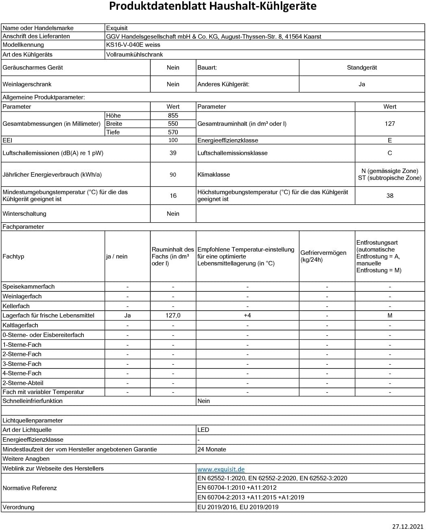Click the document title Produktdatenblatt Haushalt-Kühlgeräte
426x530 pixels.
(213, 7)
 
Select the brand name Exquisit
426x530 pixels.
(117, 28)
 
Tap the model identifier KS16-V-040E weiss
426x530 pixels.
(133, 45)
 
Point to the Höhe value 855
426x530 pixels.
(173, 116)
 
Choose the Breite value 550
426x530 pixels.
(173, 124)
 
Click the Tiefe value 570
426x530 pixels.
(173, 132)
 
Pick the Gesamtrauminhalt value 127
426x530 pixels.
(390, 124)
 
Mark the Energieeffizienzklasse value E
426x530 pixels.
(390, 140)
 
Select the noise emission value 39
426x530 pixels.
(173, 153)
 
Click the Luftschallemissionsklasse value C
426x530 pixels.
(390, 153)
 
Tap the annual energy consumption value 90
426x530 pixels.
(173, 175)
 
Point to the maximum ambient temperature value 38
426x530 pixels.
(390, 196)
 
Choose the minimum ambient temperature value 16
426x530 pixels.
(173, 196)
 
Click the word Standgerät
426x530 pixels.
(362, 68)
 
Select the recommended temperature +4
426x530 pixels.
(247, 315)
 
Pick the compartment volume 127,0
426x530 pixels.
(173, 315)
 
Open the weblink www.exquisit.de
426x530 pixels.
(221, 469)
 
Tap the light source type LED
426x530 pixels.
(203, 430)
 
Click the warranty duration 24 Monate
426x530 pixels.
(212, 449)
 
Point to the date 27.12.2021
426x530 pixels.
(408, 526)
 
